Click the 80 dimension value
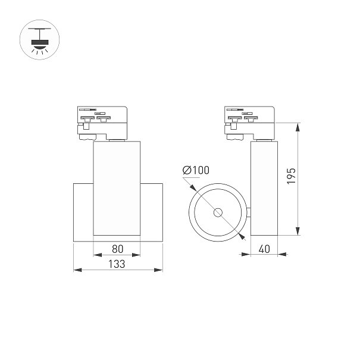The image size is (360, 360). [x=118, y=249]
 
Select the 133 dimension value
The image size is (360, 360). [x=117, y=264]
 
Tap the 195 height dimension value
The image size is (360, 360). [x=292, y=176]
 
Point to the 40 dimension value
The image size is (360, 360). [x=264, y=249]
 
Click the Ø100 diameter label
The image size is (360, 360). [x=196, y=170]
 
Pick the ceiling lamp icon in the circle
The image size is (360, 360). [x=40, y=40]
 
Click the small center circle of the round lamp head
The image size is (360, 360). [x=218, y=212]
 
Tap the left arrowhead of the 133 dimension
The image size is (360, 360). [x=77, y=270]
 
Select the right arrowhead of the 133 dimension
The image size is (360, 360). [x=159, y=270]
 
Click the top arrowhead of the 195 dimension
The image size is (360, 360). [x=298, y=127]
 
